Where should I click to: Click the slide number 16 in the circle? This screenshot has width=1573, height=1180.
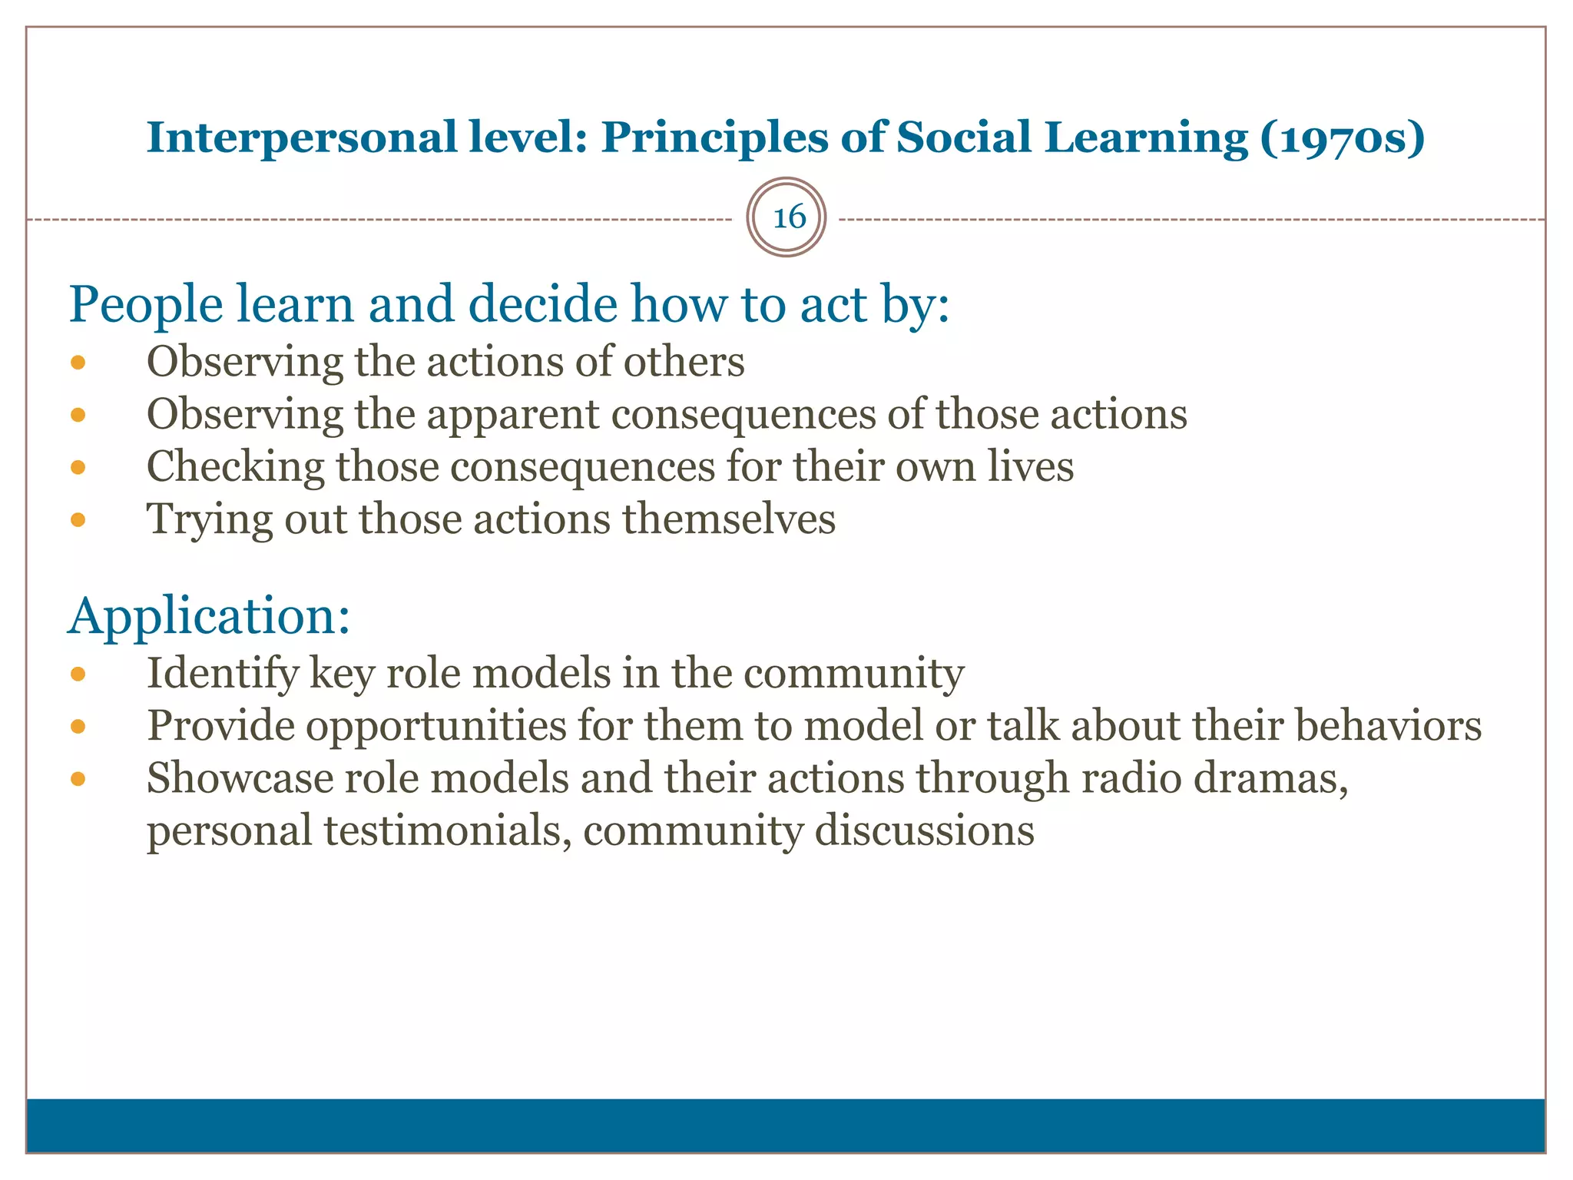[x=788, y=217]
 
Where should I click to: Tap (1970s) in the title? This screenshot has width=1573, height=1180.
[x=1342, y=138]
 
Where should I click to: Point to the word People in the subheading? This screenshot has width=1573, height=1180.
[x=146, y=305]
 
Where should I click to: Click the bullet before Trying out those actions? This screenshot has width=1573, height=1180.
[x=78, y=520]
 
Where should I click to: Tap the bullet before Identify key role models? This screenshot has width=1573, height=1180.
[x=78, y=675]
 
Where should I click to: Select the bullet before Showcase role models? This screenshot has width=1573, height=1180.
[x=78, y=779]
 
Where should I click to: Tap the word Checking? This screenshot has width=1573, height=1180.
[x=235, y=468]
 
